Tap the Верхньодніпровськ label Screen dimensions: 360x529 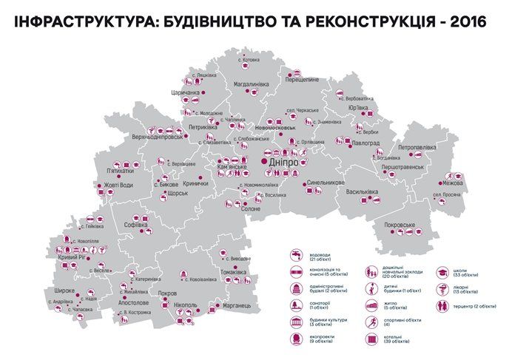(158, 137)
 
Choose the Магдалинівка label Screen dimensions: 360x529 (255, 84)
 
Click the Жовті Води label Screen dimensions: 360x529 (118, 185)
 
